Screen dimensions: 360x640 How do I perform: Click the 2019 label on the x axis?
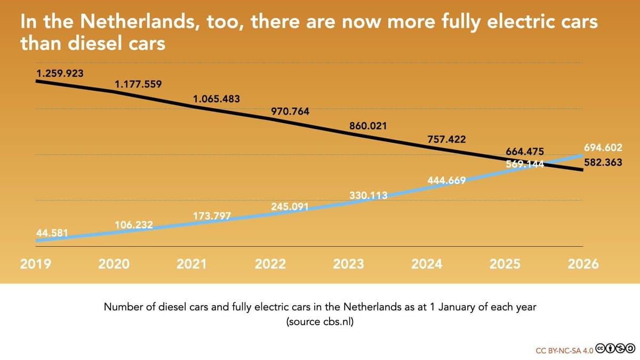pyautogui.click(x=36, y=264)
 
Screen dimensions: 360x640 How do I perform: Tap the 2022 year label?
pyautogui.click(x=270, y=264)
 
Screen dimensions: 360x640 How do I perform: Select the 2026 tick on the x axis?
pyautogui.click(x=583, y=264)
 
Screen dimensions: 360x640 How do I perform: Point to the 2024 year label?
pyautogui.click(x=427, y=264)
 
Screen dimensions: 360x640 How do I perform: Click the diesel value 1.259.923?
pyautogui.click(x=59, y=73)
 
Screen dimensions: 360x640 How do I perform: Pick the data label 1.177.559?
pyautogui.click(x=138, y=84)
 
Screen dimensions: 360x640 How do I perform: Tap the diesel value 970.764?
pyautogui.click(x=290, y=111)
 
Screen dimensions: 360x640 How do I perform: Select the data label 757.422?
pyautogui.click(x=446, y=140)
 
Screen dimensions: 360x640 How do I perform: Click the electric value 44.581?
pyautogui.click(x=52, y=233)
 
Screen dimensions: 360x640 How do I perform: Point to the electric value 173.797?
pyautogui.click(x=212, y=215)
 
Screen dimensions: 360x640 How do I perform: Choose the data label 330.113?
pyautogui.click(x=368, y=195)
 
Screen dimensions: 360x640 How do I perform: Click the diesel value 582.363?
pyautogui.click(x=603, y=163)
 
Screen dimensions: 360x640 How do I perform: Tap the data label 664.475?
pyautogui.click(x=525, y=153)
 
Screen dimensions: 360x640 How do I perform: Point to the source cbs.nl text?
pyautogui.click(x=319, y=322)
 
